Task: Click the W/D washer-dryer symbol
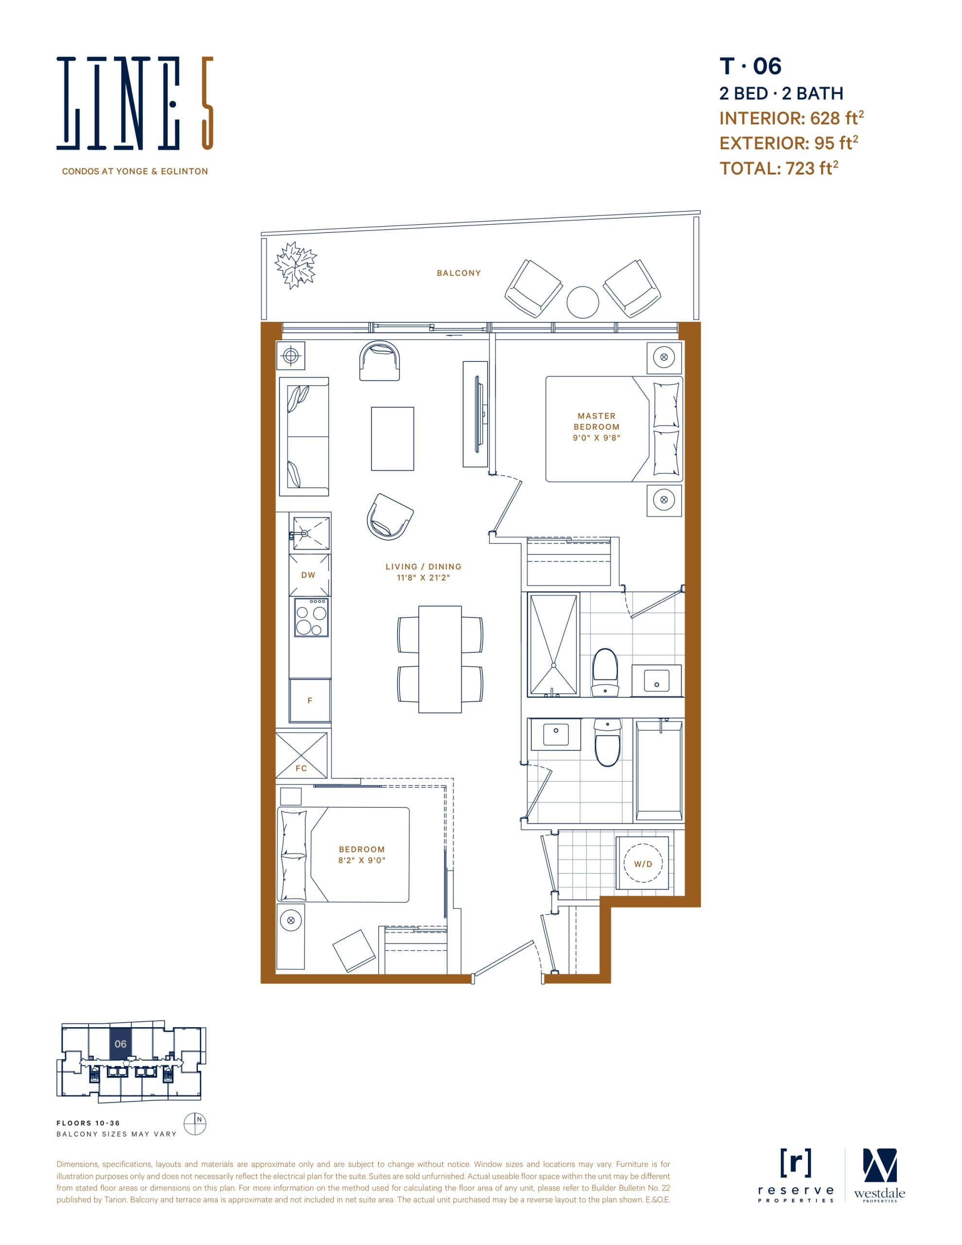tap(643, 864)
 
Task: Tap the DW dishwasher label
tap(308, 575)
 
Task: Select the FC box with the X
tap(301, 755)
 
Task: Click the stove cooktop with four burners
tap(311, 617)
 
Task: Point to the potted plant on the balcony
tap(295, 265)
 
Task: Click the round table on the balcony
tap(582, 302)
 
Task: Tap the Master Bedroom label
tap(596, 427)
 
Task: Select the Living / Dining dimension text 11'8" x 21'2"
tap(423, 577)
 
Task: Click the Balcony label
tap(459, 273)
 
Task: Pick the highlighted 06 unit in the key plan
tap(120, 1044)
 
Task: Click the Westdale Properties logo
tap(879, 1175)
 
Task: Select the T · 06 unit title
tap(750, 66)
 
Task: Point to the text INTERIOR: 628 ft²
tap(791, 118)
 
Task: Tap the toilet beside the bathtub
tap(607, 743)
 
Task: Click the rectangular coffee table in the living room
tap(392, 438)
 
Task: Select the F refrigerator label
tap(310, 700)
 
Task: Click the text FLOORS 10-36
tap(88, 1123)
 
